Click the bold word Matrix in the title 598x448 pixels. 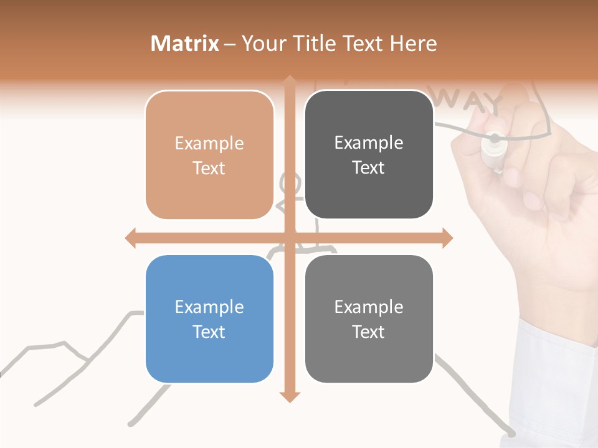(x=185, y=44)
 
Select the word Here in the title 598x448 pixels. (x=414, y=44)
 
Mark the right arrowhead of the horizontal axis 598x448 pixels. (x=447, y=238)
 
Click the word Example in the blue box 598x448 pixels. (x=209, y=307)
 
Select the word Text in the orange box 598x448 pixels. (x=209, y=168)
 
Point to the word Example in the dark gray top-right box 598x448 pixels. (x=369, y=142)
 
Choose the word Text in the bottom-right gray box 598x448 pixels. (x=369, y=332)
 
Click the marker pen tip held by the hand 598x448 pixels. (x=495, y=138)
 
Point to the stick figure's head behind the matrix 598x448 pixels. (x=291, y=185)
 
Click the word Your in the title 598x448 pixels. (x=262, y=44)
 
